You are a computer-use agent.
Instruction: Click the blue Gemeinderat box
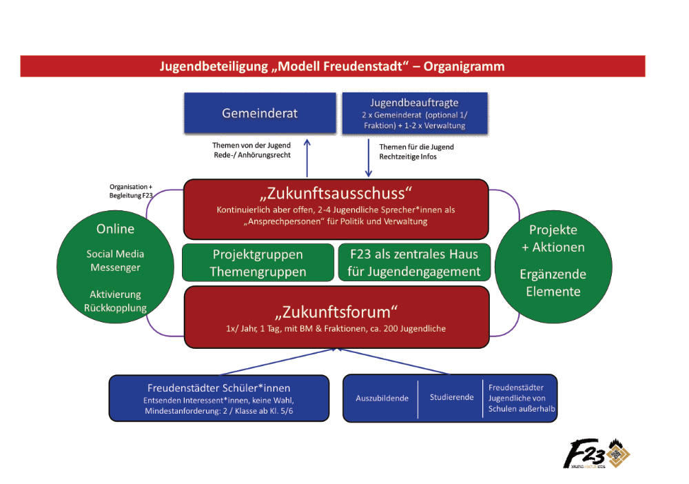pos(259,114)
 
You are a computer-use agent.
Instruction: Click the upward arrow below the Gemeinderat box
pos(308,157)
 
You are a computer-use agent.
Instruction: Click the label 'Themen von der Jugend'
pos(251,145)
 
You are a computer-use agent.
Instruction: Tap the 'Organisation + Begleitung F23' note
pos(131,191)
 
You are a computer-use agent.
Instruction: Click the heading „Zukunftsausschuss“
pos(336,192)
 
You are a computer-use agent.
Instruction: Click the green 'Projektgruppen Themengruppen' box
pos(258,263)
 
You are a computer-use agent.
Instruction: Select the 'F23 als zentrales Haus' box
pos(414,263)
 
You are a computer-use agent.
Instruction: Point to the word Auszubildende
pos(382,398)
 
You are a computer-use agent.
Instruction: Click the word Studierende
pos(451,397)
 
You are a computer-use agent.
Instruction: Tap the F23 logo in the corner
pos(596,455)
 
